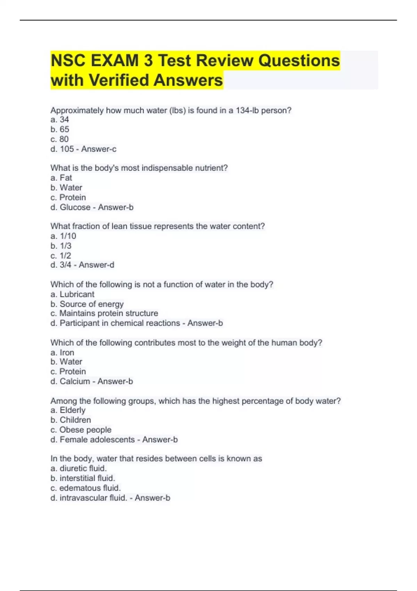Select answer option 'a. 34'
coord(60,120)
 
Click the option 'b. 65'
coord(60,129)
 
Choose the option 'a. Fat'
coord(61,178)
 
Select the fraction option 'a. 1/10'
coord(63,236)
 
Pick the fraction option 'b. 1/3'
coord(61,246)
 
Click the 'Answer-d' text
coord(96,265)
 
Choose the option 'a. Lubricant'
coord(72,294)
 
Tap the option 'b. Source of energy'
coord(87,304)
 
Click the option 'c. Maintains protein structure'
coord(104,313)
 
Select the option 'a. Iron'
coord(62,353)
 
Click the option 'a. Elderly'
coord(68,410)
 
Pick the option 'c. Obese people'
coord(81,430)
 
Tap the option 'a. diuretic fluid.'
coord(79,468)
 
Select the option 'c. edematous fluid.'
coord(85,488)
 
